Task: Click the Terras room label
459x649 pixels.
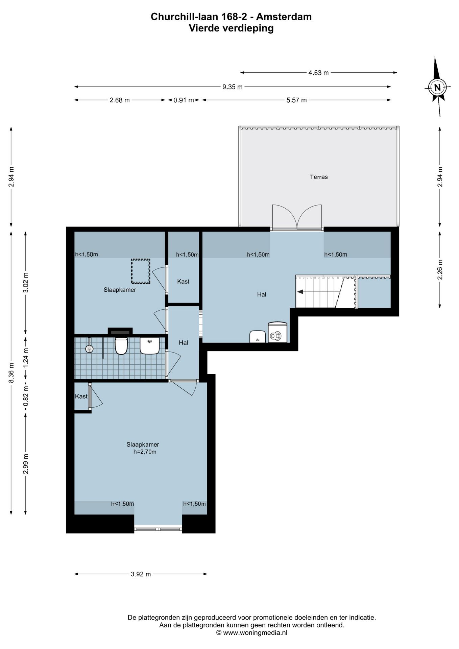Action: click(x=319, y=177)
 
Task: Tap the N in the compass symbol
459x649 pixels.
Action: click(x=437, y=88)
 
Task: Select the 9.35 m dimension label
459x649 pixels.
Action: click(x=232, y=87)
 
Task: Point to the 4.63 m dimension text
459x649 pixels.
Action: click(x=318, y=73)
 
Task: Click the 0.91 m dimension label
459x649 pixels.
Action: click(x=184, y=100)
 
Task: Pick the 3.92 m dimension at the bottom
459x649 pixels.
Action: click(x=141, y=574)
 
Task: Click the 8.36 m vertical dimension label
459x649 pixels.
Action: click(x=11, y=373)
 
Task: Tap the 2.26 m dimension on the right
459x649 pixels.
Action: click(x=440, y=269)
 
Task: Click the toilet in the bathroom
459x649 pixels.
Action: click(x=121, y=345)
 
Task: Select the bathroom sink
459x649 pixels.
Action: click(x=149, y=345)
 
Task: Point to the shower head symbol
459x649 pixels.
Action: click(x=89, y=348)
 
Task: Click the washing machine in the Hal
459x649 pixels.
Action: click(x=277, y=333)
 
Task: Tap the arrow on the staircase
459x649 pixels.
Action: click(x=300, y=292)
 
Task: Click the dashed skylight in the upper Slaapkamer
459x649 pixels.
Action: click(x=141, y=271)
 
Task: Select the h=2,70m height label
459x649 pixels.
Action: click(x=145, y=452)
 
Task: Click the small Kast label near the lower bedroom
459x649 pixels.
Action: click(x=81, y=396)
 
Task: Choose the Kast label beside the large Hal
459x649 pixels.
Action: click(x=183, y=281)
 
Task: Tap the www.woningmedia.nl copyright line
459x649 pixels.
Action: click(x=252, y=633)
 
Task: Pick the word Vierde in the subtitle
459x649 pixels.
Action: click(x=204, y=28)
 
